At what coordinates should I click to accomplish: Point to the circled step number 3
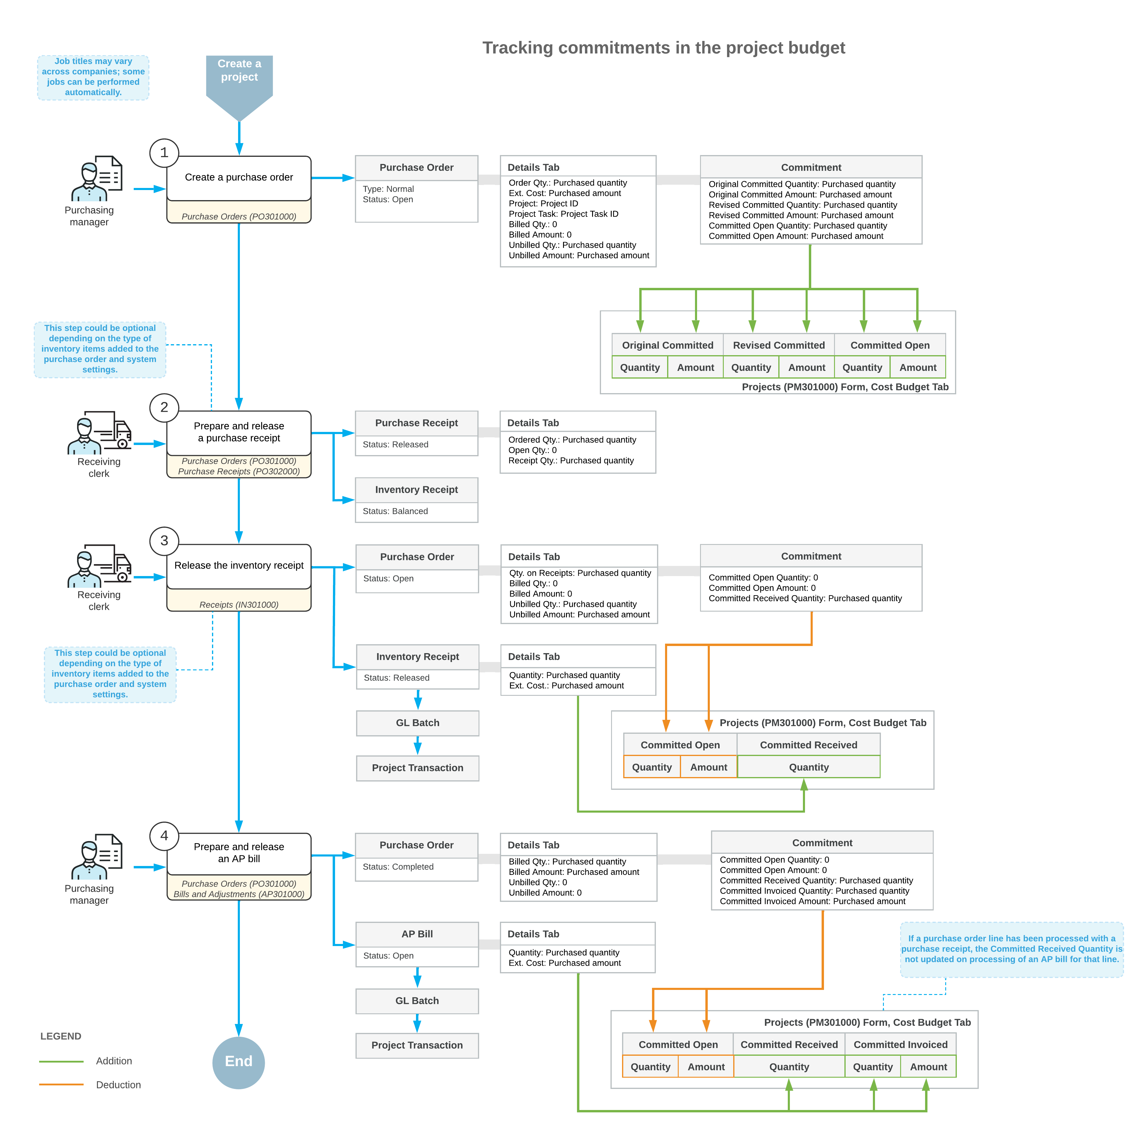164,541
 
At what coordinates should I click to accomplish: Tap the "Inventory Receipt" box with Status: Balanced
417,500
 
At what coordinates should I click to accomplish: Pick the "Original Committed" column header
667,345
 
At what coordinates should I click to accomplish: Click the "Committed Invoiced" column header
900,1045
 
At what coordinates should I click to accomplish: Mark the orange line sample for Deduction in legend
61,1085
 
